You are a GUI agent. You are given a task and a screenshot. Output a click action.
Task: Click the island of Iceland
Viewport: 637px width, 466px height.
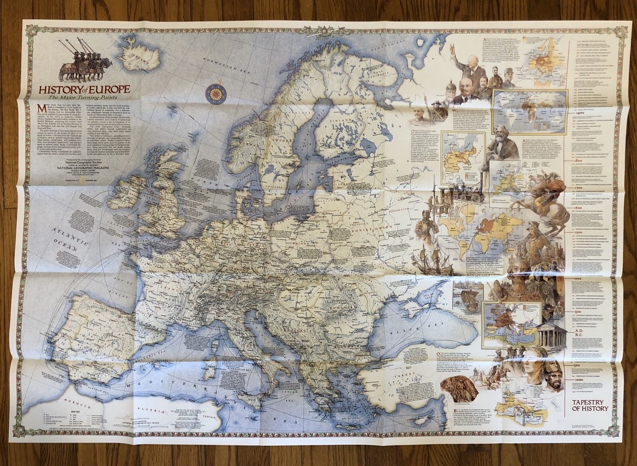(139, 53)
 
